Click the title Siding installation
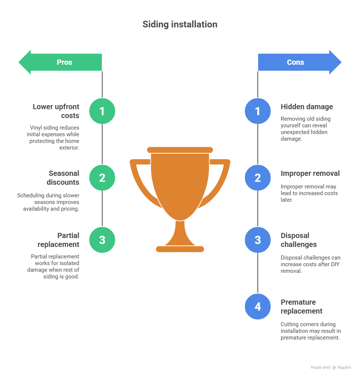180,24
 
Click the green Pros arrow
60,62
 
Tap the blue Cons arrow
300,62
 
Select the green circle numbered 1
102,111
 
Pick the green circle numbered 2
102,178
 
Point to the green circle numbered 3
102,240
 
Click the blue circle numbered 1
258,111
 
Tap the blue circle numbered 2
258,178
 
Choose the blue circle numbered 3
258,240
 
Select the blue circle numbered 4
258,307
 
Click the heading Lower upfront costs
56,111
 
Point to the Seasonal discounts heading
63,178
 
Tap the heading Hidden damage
307,107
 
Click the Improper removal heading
310,174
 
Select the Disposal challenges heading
299,240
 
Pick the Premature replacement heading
301,307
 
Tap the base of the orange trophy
180,249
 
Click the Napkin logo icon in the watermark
334,368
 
